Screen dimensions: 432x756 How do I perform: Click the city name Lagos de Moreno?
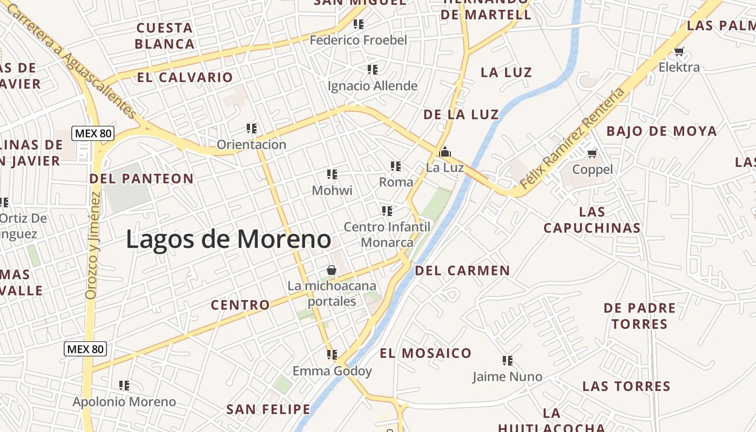[x=228, y=239]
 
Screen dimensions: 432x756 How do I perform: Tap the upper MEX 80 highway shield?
[x=93, y=133]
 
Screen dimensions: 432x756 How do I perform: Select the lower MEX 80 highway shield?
[x=85, y=349]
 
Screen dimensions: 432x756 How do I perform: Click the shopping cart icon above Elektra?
[x=679, y=52]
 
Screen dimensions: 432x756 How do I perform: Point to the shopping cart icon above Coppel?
[x=592, y=154]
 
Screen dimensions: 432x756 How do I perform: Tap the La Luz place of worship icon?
[x=445, y=152]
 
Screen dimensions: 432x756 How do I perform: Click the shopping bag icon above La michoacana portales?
[x=332, y=270]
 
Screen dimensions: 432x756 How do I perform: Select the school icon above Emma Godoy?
[x=332, y=355]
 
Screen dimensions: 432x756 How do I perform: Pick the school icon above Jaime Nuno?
[x=507, y=360]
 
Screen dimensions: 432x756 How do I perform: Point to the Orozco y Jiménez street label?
[x=93, y=246]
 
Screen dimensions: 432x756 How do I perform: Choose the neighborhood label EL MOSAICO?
[x=426, y=353]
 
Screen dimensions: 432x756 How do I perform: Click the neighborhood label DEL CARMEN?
[x=462, y=271]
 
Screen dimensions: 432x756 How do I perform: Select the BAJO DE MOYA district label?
[x=661, y=131]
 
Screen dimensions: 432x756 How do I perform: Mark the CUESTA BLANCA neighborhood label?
[x=165, y=36]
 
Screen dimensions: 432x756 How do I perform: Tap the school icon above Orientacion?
[x=251, y=129]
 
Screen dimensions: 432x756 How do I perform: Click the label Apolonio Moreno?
[x=124, y=402]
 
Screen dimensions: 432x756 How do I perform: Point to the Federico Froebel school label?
[x=358, y=40]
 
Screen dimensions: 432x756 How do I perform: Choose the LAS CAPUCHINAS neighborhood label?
[x=592, y=220]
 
